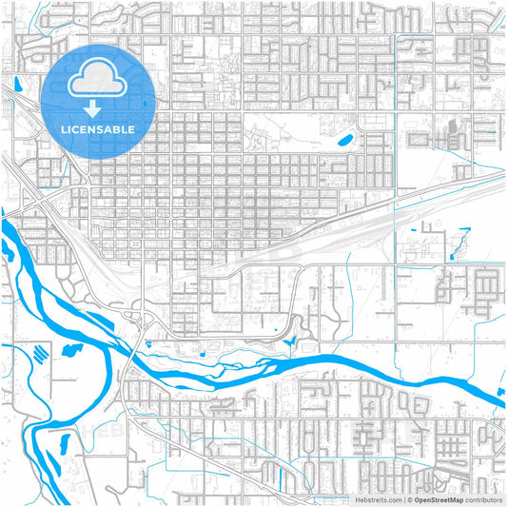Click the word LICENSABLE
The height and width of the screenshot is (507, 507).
pyautogui.click(x=99, y=129)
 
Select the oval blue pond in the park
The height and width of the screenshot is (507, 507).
pyautogui.click(x=343, y=141)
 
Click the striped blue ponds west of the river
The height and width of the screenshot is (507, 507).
pyautogui.click(x=39, y=350)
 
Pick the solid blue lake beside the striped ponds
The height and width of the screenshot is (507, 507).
pyautogui.click(x=69, y=348)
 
